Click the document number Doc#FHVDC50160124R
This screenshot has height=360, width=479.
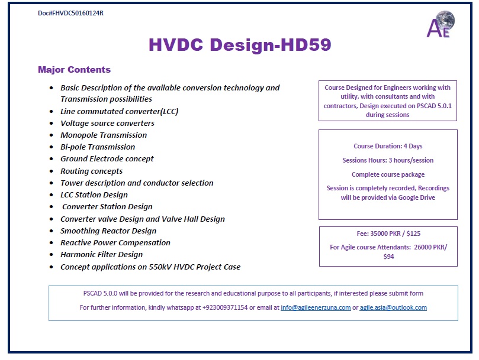[x=70, y=13]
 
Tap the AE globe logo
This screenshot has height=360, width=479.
[x=441, y=24]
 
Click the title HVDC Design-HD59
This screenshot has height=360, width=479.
[x=240, y=44]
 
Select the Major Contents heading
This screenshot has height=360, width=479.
[x=74, y=70]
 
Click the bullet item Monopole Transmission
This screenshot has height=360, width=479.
[x=104, y=135]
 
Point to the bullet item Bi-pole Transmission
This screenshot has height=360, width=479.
[x=98, y=147]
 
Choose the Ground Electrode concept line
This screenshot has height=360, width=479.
[x=107, y=159]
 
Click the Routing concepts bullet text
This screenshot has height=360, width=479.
[x=91, y=171]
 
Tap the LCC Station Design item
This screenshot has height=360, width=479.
[x=94, y=195]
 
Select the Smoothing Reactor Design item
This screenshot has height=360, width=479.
[x=108, y=231]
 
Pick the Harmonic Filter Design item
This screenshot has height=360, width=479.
[x=101, y=255]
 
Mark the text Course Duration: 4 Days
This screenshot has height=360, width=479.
[x=388, y=146]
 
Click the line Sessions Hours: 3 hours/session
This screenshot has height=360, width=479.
[x=388, y=160]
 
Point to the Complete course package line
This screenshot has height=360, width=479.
[x=388, y=174]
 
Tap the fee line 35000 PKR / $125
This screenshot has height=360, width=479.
[x=388, y=233]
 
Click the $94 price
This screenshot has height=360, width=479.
[x=388, y=257]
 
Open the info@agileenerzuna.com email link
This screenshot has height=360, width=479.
[x=316, y=307]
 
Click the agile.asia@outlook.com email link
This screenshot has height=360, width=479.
[x=393, y=307]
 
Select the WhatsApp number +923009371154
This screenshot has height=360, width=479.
[x=225, y=307]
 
